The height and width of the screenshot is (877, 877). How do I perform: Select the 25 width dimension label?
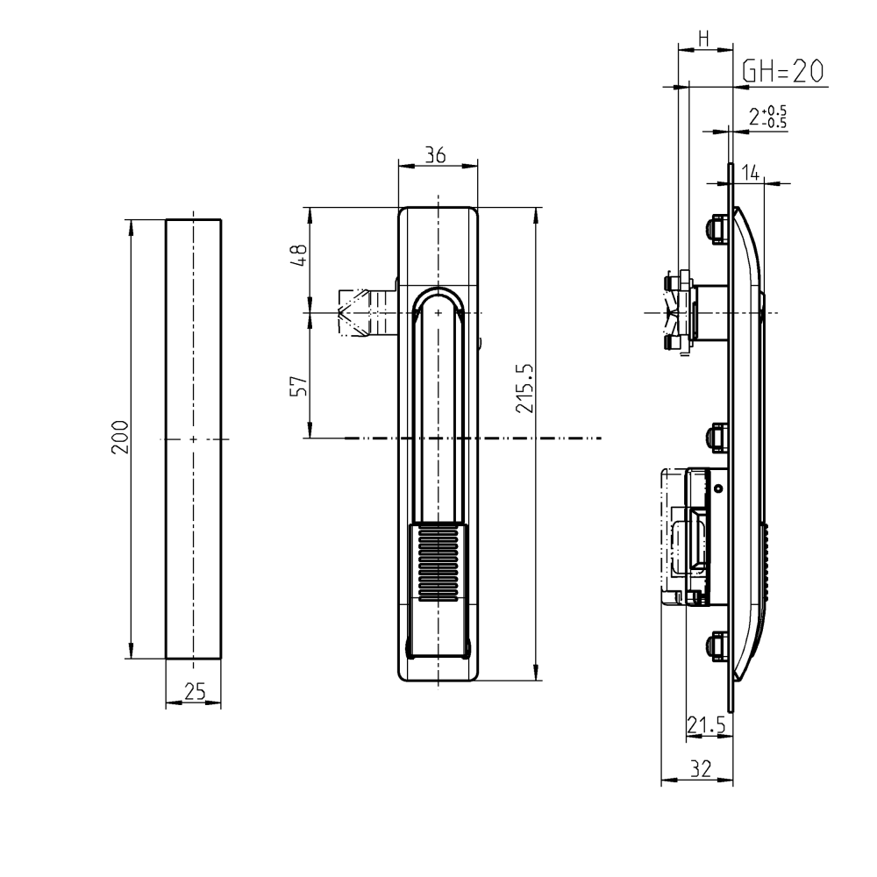[x=195, y=692]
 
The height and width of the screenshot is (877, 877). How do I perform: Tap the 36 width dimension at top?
[x=435, y=155]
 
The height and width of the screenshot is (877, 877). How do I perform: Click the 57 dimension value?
[x=299, y=386]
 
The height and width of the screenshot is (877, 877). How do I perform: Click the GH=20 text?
[x=783, y=72]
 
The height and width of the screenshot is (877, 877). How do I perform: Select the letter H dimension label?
[x=703, y=38]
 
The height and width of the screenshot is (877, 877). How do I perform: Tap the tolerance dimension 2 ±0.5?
[x=768, y=117]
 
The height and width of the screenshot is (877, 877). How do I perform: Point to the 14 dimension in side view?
[x=751, y=173]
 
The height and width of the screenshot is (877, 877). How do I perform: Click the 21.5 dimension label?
[x=706, y=724]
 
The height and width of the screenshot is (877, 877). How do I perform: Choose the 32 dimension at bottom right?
[x=699, y=769]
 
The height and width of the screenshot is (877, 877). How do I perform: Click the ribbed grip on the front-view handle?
[x=438, y=563]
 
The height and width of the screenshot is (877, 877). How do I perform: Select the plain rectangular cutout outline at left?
[x=194, y=438]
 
